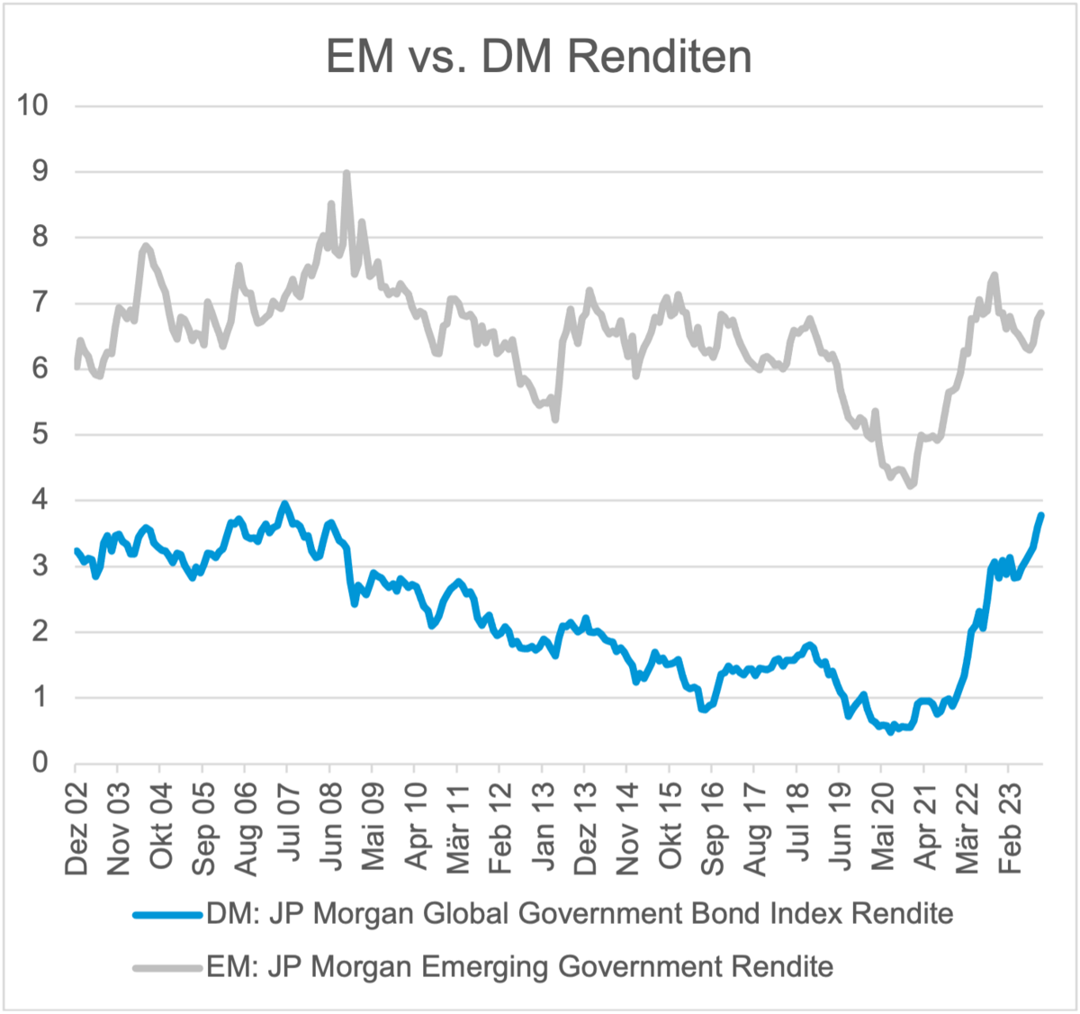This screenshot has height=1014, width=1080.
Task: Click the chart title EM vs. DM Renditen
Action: point(538,56)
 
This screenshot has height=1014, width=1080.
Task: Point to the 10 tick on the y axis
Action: point(32,105)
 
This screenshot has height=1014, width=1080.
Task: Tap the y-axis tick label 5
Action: point(40,434)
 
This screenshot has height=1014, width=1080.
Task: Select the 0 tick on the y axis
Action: point(40,763)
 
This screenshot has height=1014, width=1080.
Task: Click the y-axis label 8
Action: point(40,237)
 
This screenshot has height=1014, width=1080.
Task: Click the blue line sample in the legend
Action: point(167,915)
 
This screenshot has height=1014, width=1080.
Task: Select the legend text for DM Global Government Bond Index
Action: point(580,914)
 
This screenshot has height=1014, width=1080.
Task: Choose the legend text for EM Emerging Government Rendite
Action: point(519,967)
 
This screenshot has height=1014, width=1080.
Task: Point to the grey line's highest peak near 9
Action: point(346,173)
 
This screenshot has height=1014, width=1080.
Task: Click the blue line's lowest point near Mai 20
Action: point(890,732)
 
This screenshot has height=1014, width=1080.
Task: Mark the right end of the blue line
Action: point(1041,515)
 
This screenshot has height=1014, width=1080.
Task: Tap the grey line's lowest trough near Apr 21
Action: point(912,486)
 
